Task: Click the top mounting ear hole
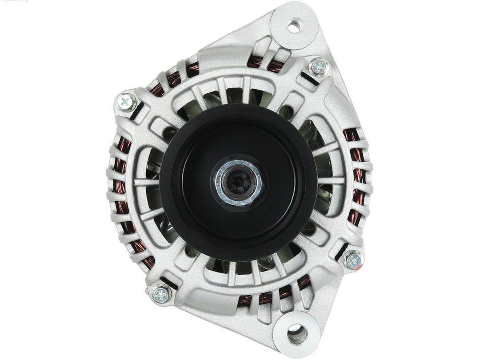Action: [x=293, y=26]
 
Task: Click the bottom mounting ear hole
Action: [x=294, y=332]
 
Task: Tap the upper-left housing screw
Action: [x=126, y=102]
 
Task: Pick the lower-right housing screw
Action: [x=354, y=260]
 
